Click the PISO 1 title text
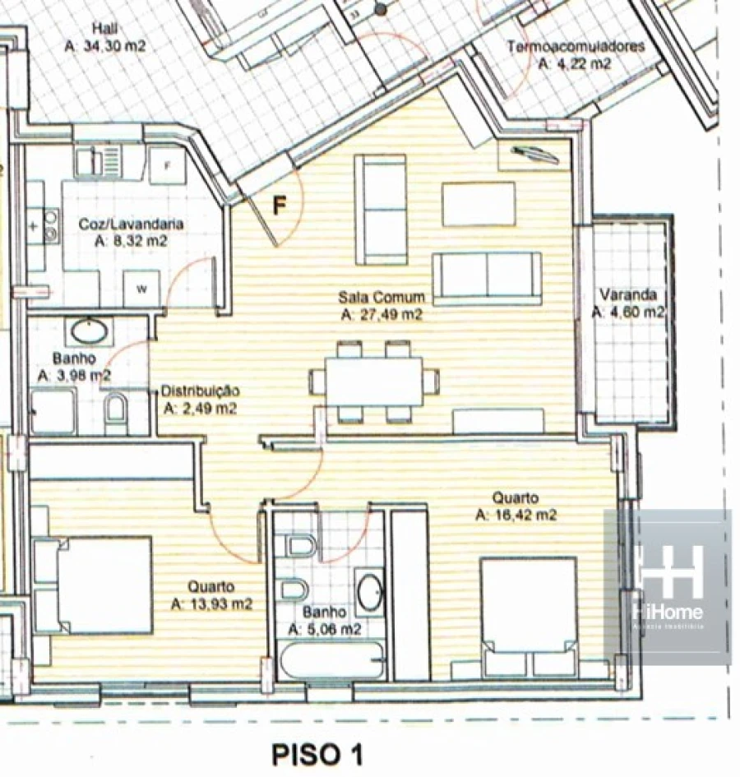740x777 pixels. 317,754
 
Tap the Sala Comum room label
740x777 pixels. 382,297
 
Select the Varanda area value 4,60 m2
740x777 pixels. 629,312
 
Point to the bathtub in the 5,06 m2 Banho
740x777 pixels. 331,660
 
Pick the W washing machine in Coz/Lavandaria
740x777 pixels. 141,288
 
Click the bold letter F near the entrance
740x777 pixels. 280,206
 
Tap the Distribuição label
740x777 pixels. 200,391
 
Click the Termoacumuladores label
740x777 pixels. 576,46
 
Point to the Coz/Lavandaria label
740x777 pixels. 131,224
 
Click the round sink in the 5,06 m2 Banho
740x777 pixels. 370,592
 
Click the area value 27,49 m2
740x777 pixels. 382,313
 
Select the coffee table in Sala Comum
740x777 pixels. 479,204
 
